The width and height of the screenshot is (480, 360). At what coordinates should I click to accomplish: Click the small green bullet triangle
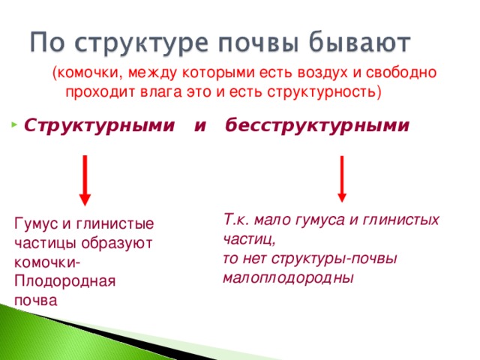[x=16, y=123]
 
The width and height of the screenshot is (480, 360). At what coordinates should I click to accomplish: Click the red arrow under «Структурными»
[x=85, y=180]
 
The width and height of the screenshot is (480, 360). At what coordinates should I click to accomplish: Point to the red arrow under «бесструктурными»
[x=342, y=178]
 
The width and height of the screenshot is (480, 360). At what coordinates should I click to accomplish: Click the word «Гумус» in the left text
[x=36, y=223]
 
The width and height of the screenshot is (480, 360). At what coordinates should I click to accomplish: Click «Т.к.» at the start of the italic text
[x=235, y=220]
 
